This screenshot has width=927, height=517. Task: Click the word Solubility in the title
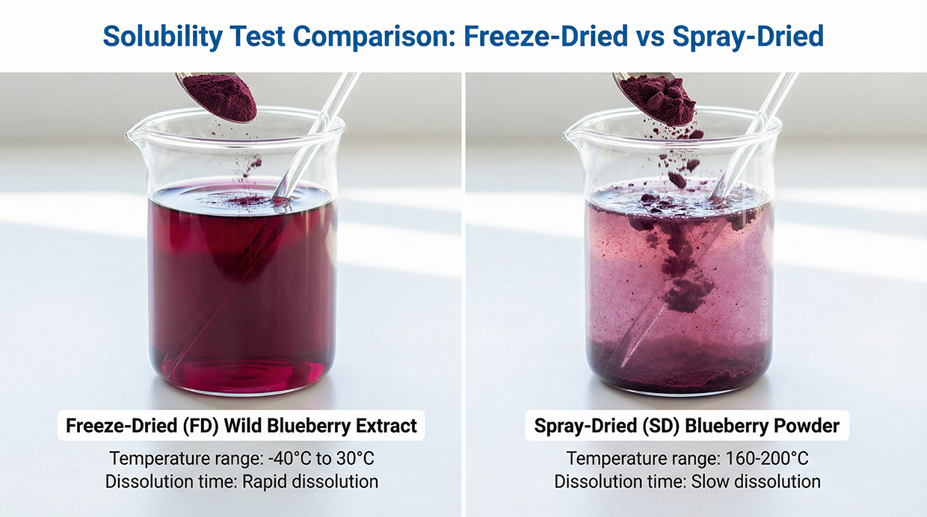(163, 37)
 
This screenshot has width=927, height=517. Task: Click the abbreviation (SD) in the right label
(662, 426)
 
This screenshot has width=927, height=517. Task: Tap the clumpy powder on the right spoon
(659, 99)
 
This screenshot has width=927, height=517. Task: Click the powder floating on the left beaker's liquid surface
(248, 200)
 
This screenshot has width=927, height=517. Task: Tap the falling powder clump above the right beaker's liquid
(677, 179)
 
